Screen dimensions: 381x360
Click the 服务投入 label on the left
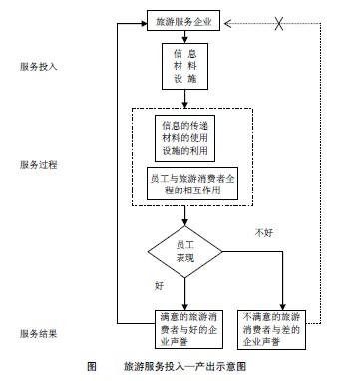click(38, 67)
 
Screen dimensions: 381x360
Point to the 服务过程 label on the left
click(38, 163)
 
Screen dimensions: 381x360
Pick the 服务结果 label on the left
click(38, 333)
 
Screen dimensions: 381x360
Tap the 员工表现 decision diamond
click(184, 249)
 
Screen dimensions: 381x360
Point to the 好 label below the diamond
click(159, 286)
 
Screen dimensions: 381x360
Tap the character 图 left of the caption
click(91, 366)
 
